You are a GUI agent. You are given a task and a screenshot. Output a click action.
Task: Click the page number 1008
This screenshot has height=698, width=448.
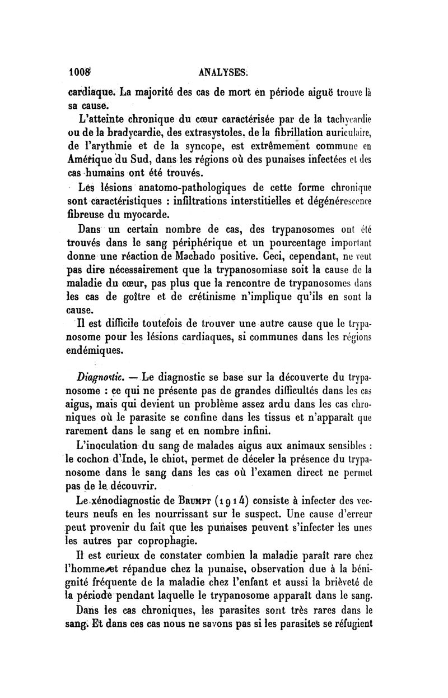tap(81, 72)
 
